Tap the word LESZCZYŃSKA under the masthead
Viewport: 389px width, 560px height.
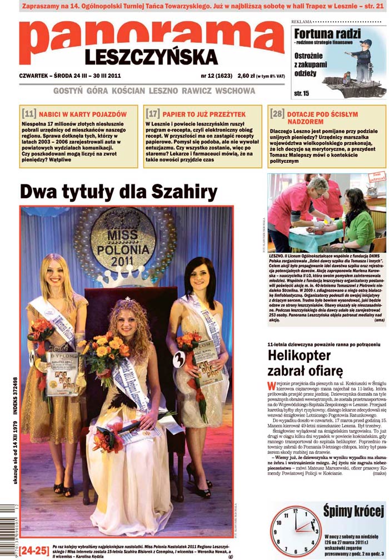coord(151,57)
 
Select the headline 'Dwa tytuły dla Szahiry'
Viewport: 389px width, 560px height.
coord(118,192)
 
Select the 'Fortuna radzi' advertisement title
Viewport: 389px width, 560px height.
coord(327,33)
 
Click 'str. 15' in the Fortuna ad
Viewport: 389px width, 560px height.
coord(302,93)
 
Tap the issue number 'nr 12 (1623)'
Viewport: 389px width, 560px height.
coord(216,76)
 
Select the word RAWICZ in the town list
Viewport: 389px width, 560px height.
coord(191,90)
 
